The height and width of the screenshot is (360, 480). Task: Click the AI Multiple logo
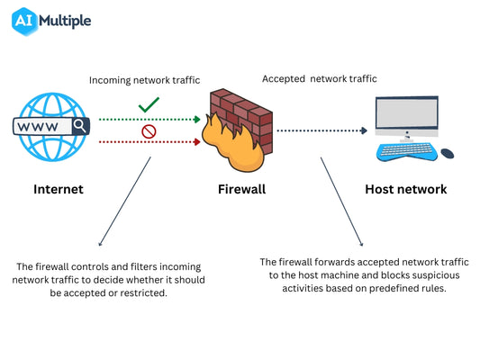pos(51,22)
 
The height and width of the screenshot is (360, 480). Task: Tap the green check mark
pos(149,107)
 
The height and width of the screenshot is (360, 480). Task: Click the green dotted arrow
pos(149,119)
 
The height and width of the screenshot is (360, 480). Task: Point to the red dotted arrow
pos(149,142)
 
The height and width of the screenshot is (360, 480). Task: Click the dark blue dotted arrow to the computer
pos(322,130)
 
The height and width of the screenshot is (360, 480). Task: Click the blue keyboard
pos(406,151)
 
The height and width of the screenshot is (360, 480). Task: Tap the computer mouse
pos(447,153)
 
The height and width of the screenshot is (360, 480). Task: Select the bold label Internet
pos(58,190)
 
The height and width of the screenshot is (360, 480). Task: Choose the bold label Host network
pos(405,190)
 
